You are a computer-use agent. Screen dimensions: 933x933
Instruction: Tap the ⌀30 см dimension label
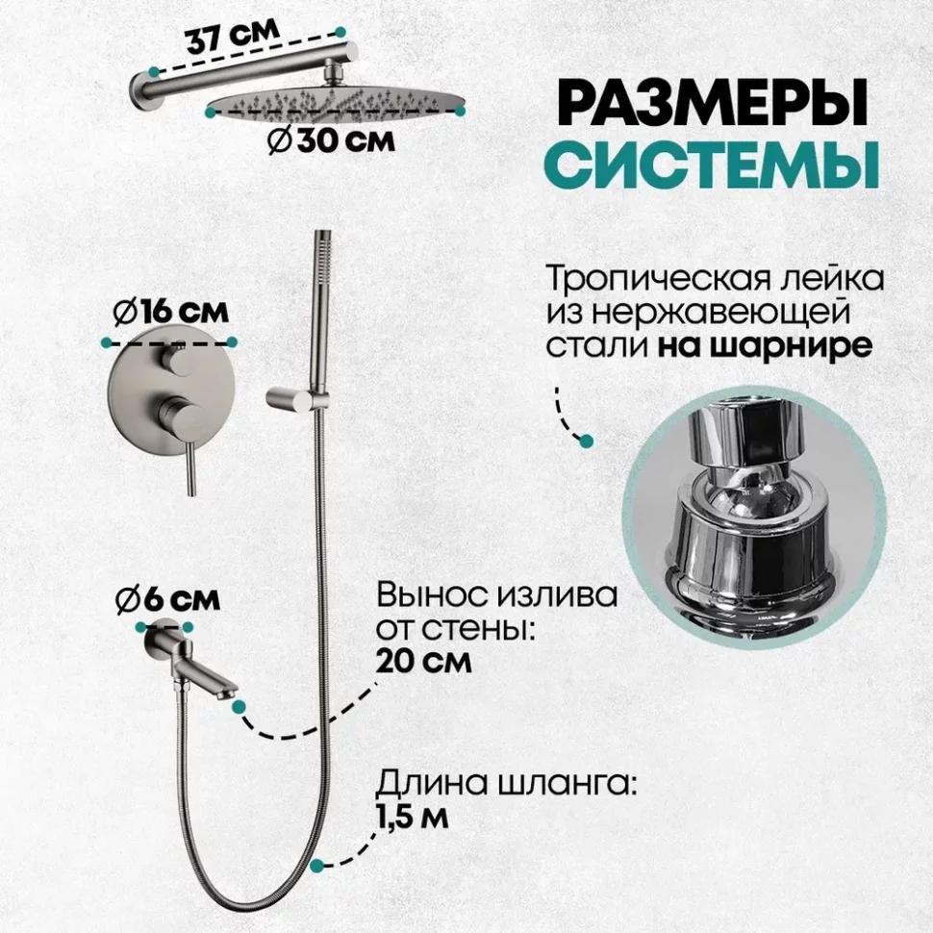point(331,141)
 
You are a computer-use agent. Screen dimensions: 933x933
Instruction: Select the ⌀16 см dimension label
point(170,312)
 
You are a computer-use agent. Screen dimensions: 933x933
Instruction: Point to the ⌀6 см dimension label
point(167,599)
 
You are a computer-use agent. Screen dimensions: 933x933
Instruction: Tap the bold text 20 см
point(423,661)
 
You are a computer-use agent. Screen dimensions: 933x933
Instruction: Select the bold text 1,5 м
point(412,817)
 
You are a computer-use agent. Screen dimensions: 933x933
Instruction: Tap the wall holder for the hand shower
point(290,399)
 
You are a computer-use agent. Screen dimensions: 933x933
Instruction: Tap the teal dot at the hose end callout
point(317,865)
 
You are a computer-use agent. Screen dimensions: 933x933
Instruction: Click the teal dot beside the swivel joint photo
point(586,441)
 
